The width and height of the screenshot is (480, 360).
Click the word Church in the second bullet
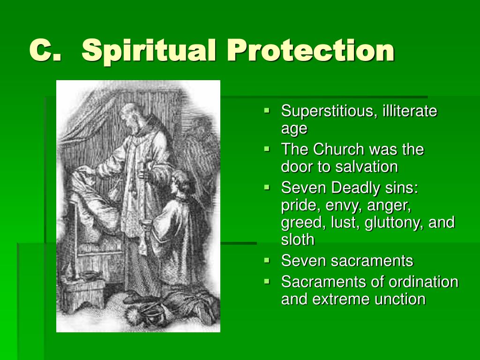pyautogui.click(x=338, y=150)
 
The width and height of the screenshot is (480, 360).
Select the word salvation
pyautogui.click(x=367, y=167)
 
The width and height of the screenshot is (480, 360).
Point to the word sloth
pyautogui.click(x=298, y=240)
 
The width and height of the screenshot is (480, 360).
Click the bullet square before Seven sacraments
pyautogui.click(x=267, y=261)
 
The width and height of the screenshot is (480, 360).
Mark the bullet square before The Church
pyautogui.click(x=267, y=149)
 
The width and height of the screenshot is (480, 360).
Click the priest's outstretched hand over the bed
pyautogui.click(x=87, y=169)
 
